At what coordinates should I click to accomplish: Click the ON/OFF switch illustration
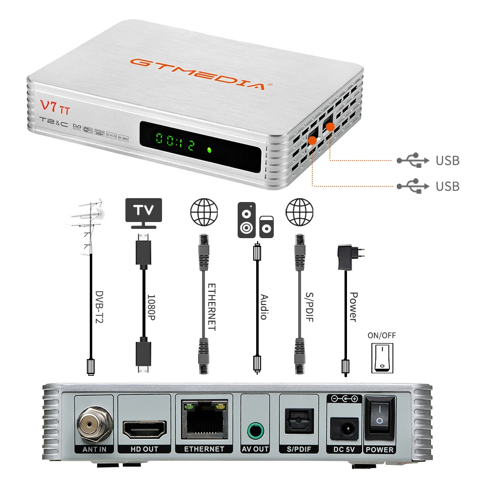click(x=382, y=357)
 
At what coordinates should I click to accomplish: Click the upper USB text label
click(x=447, y=161)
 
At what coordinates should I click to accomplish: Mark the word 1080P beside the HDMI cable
click(x=152, y=305)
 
